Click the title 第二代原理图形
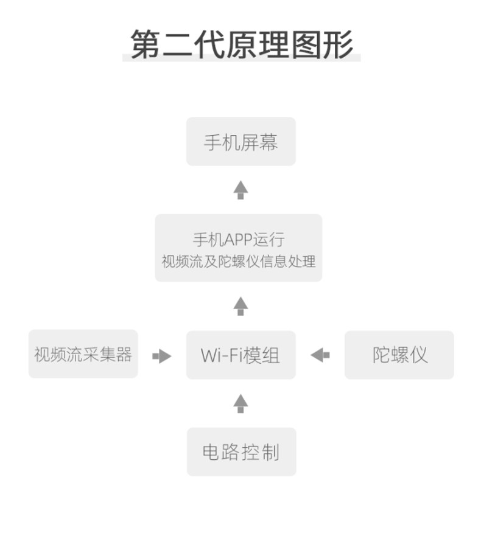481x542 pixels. pyautogui.click(x=242, y=44)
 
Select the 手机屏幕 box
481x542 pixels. pyautogui.click(x=241, y=141)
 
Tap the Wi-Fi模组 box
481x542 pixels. pyautogui.click(x=241, y=355)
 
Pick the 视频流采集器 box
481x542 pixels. pyautogui.click(x=83, y=353)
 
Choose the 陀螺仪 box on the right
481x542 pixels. pyautogui.click(x=399, y=355)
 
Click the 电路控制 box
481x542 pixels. pyautogui.click(x=242, y=452)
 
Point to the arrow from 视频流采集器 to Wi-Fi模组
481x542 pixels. pyautogui.click(x=162, y=356)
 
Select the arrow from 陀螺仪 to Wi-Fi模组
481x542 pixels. pyautogui.click(x=320, y=355)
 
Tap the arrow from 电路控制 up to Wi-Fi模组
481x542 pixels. pyautogui.click(x=241, y=404)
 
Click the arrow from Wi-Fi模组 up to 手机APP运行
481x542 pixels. pyautogui.click(x=241, y=306)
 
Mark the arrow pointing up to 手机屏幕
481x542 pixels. pyautogui.click(x=241, y=190)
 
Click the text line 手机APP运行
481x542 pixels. pyautogui.click(x=239, y=240)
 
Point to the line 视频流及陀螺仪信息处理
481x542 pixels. pyautogui.click(x=239, y=262)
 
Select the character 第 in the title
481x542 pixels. pyautogui.click(x=146, y=44)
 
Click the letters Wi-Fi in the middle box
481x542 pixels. pyautogui.click(x=222, y=355)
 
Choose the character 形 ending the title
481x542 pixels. pyautogui.click(x=338, y=44)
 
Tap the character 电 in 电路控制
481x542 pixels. pyautogui.click(x=211, y=452)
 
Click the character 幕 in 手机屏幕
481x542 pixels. pyautogui.click(x=269, y=142)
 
